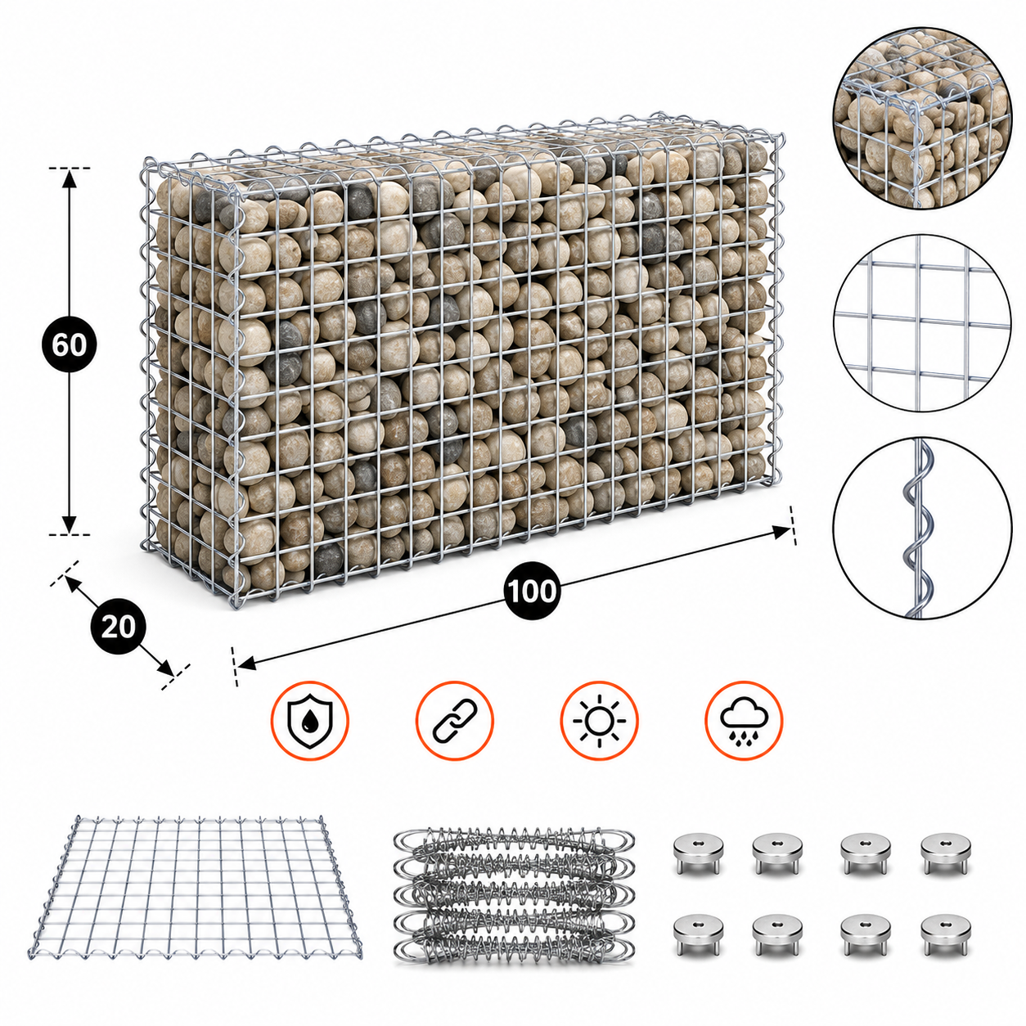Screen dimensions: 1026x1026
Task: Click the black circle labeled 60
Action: coord(70,345)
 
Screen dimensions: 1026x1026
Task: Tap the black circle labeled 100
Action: coord(532,591)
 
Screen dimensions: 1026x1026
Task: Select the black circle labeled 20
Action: coord(118,627)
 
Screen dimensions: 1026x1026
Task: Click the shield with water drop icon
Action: coord(310,720)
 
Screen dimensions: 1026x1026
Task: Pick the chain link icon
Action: coord(455,720)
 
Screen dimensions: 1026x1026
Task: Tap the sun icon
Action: coord(600,720)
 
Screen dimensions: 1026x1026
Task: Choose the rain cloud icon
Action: coord(744,720)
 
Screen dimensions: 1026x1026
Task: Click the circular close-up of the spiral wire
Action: coord(922,528)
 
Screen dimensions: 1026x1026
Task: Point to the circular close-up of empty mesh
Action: coord(922,323)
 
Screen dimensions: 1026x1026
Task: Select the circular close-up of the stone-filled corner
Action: coord(922,118)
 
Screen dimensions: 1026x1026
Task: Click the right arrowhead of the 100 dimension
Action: coord(781,532)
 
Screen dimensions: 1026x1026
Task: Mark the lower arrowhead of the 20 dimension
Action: coord(165,668)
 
